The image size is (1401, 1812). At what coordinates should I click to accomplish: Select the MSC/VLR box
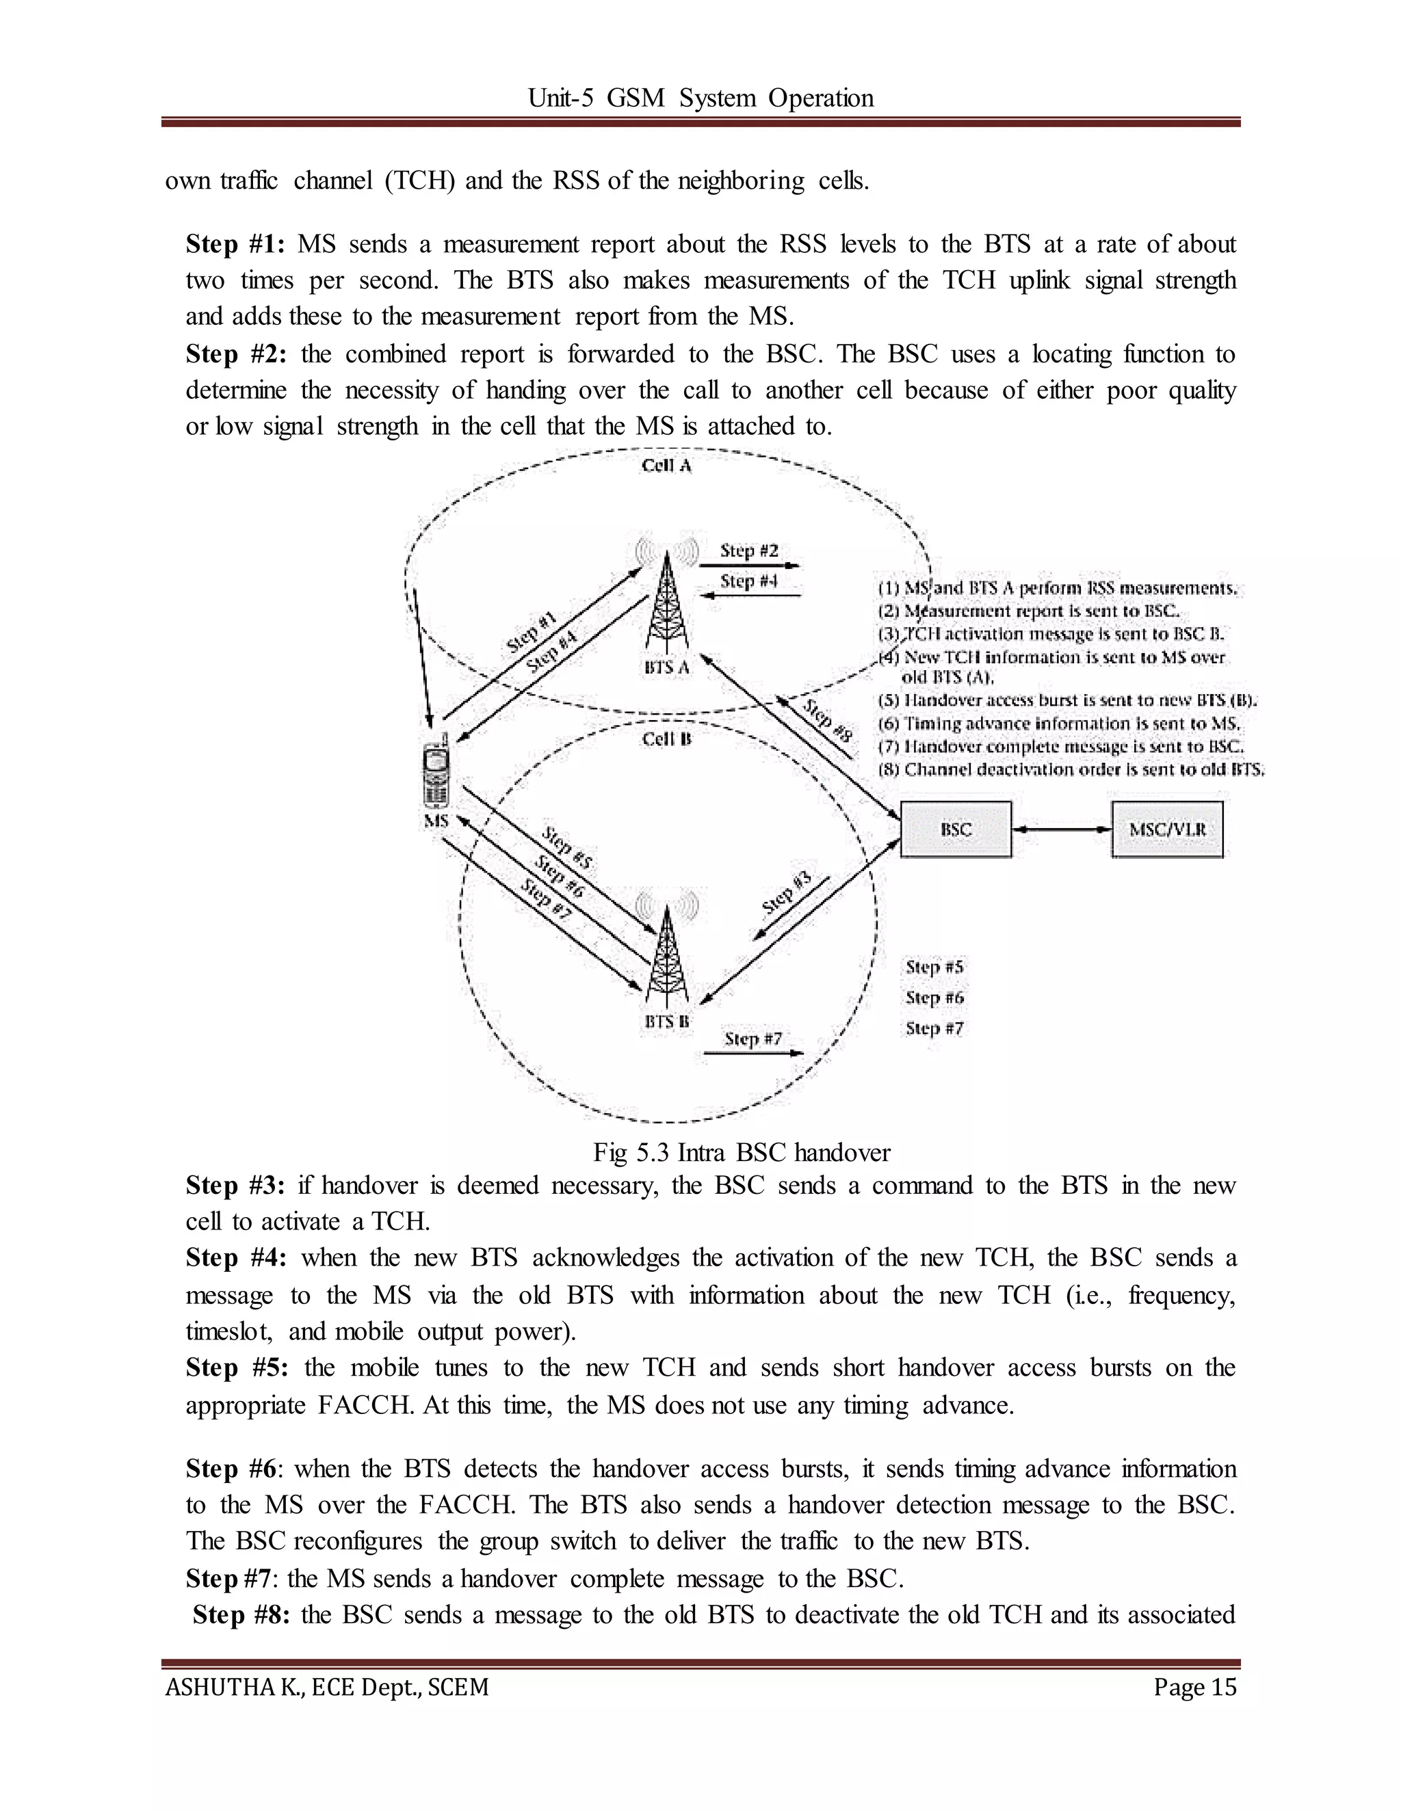1167,829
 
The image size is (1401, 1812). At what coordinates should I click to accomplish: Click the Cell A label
666,466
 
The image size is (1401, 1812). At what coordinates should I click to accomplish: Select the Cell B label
666,739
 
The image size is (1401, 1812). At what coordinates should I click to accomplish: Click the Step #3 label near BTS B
786,894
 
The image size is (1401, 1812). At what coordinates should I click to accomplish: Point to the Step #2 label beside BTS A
748,550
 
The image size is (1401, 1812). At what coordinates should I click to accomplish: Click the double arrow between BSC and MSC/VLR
1062,829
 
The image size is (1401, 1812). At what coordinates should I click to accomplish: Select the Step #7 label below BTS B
752,1039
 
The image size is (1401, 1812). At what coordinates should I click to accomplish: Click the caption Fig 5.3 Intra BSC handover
741,1152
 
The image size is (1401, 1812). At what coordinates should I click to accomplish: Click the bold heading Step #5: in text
237,1368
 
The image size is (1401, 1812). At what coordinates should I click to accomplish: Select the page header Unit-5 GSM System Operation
700,98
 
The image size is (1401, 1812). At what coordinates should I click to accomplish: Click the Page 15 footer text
1194,1687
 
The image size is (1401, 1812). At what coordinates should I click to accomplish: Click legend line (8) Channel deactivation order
1071,769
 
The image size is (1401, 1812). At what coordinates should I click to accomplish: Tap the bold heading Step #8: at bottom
241,1615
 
